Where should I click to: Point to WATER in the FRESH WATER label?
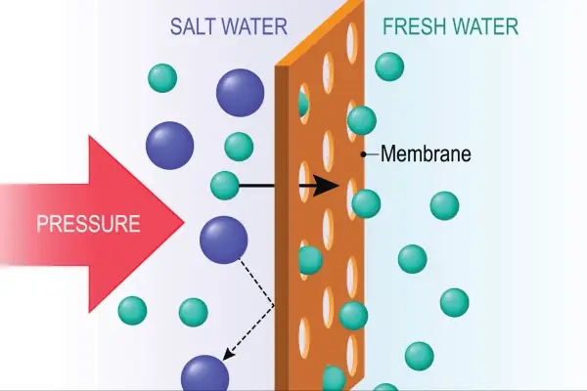click(x=485, y=25)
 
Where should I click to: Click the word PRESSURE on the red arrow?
click(x=88, y=224)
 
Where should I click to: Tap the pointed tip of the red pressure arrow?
click(x=183, y=223)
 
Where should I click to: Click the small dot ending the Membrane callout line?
click(x=364, y=153)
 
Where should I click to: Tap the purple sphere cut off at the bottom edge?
click(x=205, y=375)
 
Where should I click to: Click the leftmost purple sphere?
click(x=168, y=145)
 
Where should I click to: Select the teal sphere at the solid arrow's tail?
click(x=225, y=185)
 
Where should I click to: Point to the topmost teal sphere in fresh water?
click(x=389, y=66)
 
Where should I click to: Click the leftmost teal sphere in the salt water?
click(x=132, y=311)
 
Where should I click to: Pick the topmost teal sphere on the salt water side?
click(x=162, y=77)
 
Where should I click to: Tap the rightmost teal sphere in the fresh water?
click(x=454, y=302)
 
